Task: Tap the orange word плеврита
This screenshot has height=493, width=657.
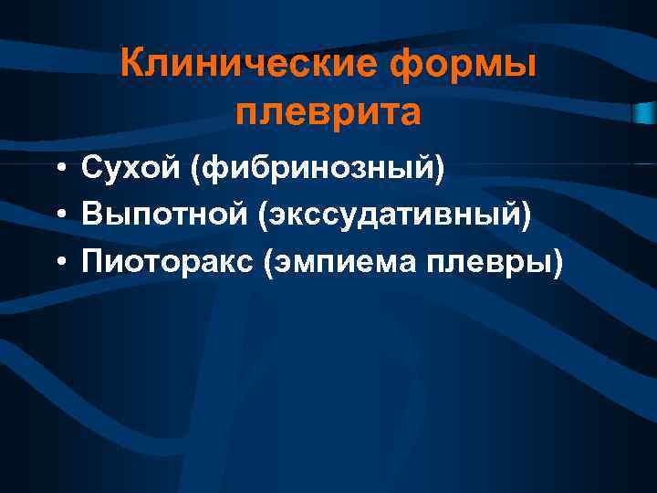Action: (x=328, y=113)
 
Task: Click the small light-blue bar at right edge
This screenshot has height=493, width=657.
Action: (x=644, y=112)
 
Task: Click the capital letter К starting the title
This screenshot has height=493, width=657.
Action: (x=131, y=65)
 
